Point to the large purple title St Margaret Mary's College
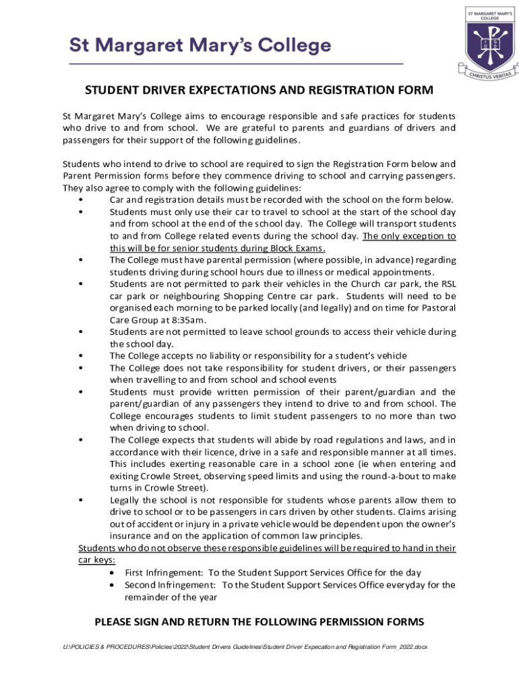[x=201, y=46]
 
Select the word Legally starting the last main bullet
[x=126, y=500]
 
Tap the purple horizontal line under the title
[x=236, y=63]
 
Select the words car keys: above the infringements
[x=96, y=560]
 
